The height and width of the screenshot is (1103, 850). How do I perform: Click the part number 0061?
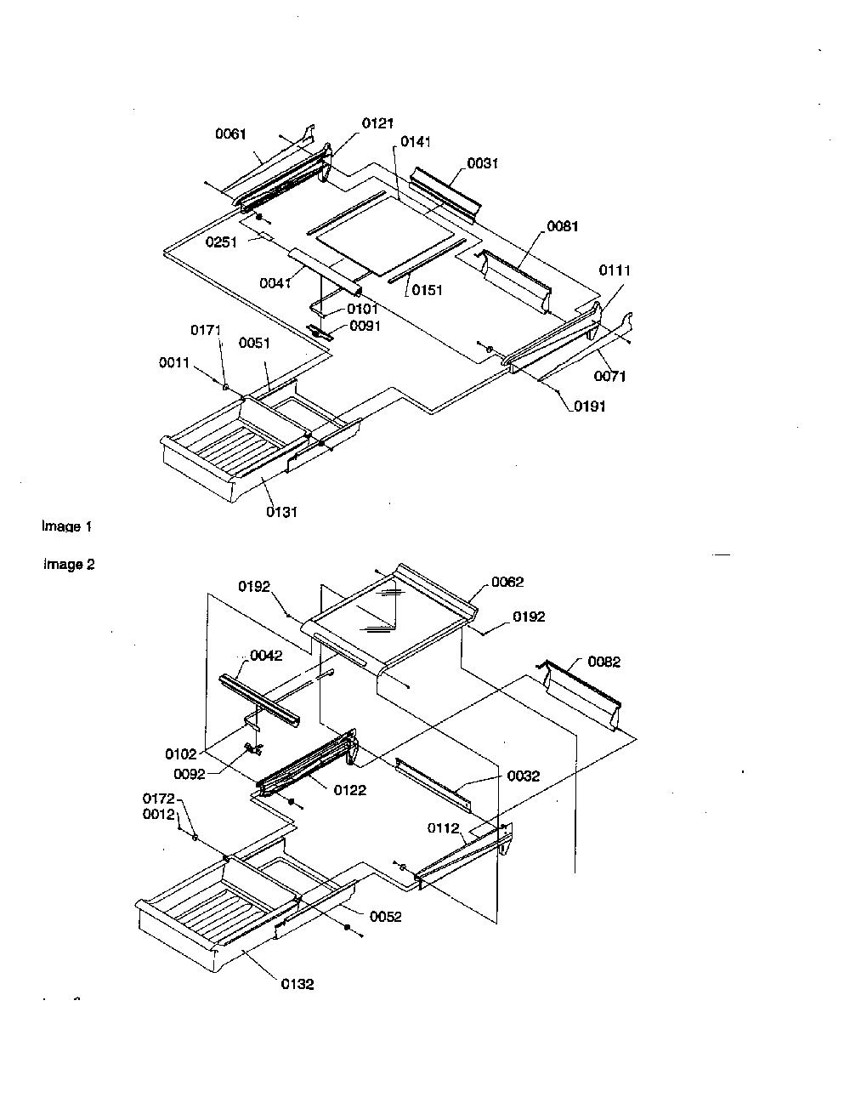(x=230, y=134)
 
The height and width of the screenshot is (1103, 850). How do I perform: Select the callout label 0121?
(x=377, y=123)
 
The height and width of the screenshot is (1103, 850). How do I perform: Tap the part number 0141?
(x=416, y=142)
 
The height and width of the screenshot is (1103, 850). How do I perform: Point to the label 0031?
(x=482, y=163)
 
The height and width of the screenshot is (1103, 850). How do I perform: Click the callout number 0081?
(x=563, y=226)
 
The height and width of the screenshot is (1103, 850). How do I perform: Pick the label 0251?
(x=221, y=242)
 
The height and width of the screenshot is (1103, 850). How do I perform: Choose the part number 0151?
(x=427, y=290)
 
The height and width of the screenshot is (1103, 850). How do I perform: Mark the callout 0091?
(x=365, y=326)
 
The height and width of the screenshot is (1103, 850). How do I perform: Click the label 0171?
(x=206, y=330)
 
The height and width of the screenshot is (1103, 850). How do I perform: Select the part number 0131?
(x=282, y=512)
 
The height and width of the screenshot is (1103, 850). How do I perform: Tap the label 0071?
(x=609, y=376)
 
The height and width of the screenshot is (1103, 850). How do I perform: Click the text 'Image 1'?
(x=66, y=526)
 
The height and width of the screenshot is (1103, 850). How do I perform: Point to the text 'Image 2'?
(x=69, y=564)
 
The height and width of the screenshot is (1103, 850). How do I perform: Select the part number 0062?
(x=507, y=582)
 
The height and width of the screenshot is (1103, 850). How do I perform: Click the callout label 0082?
(x=604, y=662)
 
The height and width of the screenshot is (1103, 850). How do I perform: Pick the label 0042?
(x=266, y=656)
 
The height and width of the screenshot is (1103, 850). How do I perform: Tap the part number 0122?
(x=350, y=790)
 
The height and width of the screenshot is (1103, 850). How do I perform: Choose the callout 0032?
(x=524, y=776)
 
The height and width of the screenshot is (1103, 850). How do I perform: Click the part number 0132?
(x=297, y=984)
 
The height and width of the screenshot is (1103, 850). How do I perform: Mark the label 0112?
(x=443, y=828)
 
